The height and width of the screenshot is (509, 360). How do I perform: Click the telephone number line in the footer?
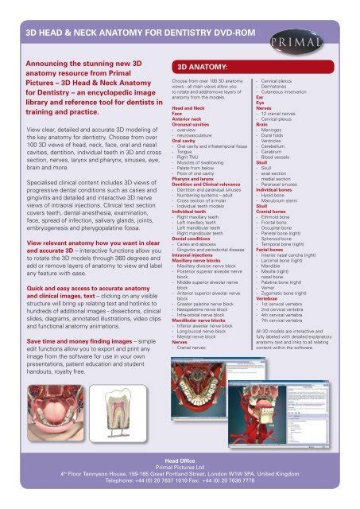180,482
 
